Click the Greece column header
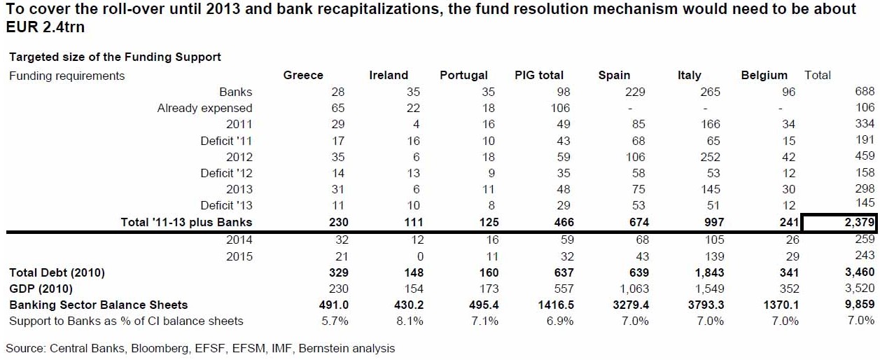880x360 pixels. coord(303,75)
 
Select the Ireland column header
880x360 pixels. coord(389,75)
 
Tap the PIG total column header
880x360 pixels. coord(539,75)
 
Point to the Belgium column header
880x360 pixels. coord(764,75)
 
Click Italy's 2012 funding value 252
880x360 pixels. coord(710,157)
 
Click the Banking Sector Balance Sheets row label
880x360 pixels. coord(99,305)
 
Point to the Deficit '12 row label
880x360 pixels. coord(227,173)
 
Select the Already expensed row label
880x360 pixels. coord(204,108)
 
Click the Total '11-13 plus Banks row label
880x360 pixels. coord(186,222)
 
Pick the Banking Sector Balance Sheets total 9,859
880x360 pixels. coord(860,305)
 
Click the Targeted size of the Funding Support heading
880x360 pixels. coord(115,57)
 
